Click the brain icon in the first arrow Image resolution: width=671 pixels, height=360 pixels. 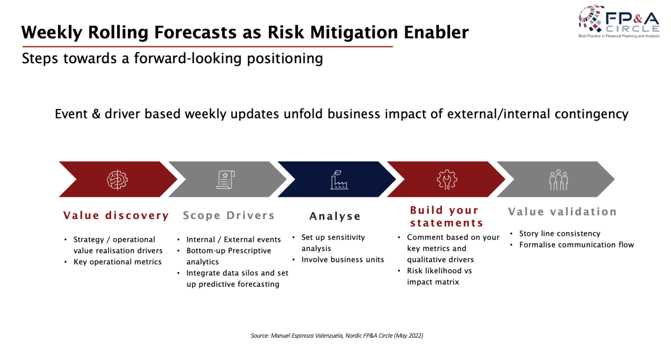click(117, 179)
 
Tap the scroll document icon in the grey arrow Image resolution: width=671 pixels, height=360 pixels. click(225, 179)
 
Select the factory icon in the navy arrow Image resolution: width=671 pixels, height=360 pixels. click(339, 179)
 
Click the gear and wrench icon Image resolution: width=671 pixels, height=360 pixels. click(447, 179)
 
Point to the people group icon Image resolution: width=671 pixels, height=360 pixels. click(559, 179)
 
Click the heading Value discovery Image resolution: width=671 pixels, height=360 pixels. click(116, 215)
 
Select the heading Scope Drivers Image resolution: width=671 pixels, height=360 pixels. click(229, 215)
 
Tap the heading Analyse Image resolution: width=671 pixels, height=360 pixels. click(335, 216)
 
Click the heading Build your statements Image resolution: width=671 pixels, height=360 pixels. click(446, 216)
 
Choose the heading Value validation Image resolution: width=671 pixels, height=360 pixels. click(563, 212)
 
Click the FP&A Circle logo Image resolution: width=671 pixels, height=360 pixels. click(619, 21)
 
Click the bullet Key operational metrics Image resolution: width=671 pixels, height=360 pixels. click(117, 262)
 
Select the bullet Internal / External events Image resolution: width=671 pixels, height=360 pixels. click(234, 240)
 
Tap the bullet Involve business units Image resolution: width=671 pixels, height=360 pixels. click(343, 259)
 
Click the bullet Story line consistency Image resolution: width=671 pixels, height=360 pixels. click(560, 234)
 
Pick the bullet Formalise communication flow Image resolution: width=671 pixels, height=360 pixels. click(577, 245)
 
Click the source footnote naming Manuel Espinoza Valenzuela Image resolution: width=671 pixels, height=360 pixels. click(337, 335)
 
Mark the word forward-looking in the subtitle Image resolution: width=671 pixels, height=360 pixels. click(188, 58)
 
